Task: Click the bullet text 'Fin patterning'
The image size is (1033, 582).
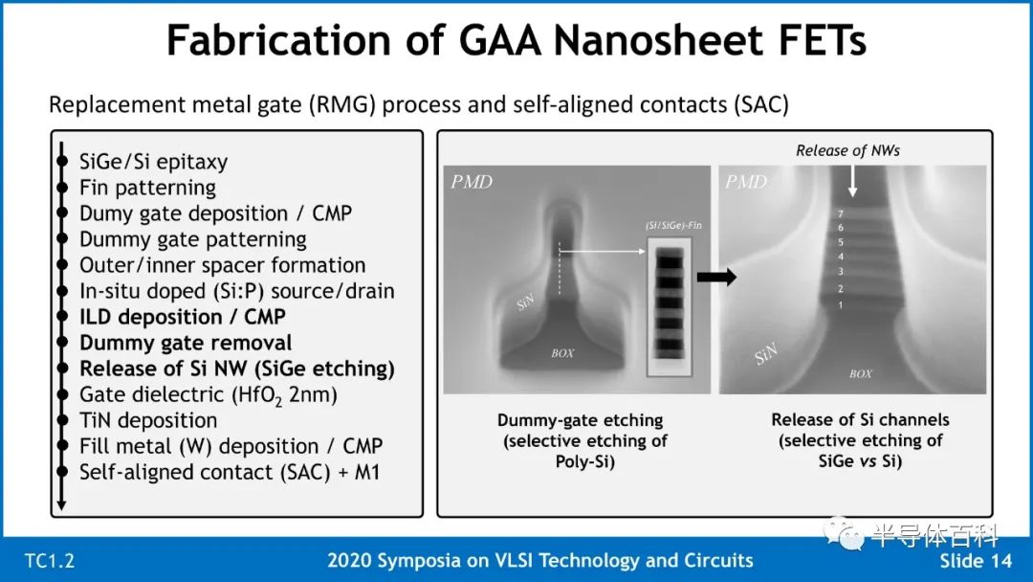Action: (147, 188)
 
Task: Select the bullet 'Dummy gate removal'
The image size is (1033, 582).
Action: (186, 343)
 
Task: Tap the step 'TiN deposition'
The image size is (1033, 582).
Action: (148, 420)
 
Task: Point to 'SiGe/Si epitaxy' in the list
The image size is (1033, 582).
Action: (153, 162)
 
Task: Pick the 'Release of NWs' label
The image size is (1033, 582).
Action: (847, 151)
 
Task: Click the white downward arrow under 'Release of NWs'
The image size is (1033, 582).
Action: (852, 181)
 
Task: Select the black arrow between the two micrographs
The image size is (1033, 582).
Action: (716, 277)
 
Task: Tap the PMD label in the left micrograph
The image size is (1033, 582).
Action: (472, 182)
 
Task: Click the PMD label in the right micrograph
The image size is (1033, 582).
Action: (746, 182)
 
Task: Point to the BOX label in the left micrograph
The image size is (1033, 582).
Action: (562, 353)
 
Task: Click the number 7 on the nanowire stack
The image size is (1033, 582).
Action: (841, 213)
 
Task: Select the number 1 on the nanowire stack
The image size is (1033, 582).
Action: (841, 305)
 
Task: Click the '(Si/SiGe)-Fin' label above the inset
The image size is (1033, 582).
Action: (673, 225)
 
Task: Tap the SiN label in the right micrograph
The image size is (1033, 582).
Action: (766, 354)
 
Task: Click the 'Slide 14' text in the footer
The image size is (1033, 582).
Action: (975, 561)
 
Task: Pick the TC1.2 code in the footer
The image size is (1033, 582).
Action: (50, 562)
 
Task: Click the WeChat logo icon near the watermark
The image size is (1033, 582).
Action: (844, 532)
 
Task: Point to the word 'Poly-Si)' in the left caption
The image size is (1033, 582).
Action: (584, 461)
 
